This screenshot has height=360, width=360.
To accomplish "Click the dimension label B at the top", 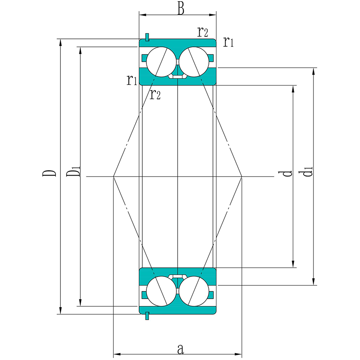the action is (x=181, y=10).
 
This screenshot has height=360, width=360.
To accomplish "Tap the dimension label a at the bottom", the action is (x=181, y=349).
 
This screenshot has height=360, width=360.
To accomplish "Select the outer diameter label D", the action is (x=49, y=173).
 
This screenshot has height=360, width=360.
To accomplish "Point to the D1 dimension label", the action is (x=73, y=172).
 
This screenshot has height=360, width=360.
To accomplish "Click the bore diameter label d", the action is (x=285, y=173).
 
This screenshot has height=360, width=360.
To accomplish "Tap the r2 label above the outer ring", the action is (x=203, y=32).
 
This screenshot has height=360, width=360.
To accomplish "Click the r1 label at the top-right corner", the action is (x=228, y=42).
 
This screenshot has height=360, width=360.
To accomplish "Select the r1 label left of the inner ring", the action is (x=132, y=80).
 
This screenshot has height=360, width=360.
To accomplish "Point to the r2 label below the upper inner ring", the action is (x=155, y=94).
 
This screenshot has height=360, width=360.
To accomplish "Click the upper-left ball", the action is (x=161, y=62).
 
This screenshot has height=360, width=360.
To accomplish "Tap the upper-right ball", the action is (x=194, y=62).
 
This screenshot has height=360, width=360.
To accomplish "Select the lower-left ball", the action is (x=161, y=291).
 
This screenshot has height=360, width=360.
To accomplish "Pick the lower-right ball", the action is (x=194, y=291).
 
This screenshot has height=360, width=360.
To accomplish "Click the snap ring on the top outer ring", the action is (x=147, y=38).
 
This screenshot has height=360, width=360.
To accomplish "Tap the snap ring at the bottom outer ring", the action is (x=147, y=316).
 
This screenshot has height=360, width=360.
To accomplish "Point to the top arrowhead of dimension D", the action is (x=61, y=42).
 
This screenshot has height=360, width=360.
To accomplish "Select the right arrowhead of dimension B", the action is (x=213, y=15).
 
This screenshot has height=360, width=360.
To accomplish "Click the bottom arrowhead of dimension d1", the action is (x=313, y=282).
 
